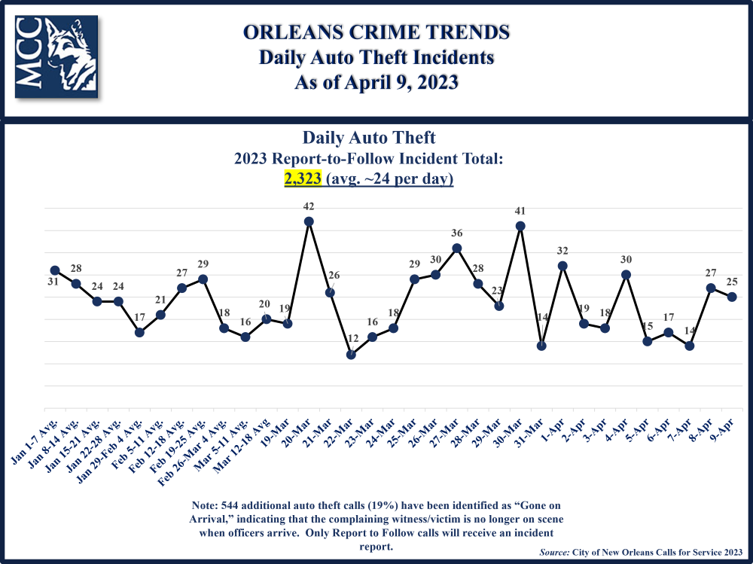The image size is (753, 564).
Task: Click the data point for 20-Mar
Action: tap(309, 221)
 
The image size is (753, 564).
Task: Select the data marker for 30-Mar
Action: tap(520, 226)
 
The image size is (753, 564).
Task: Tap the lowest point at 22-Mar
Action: tap(351, 355)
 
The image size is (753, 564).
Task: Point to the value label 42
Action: tap(309, 206)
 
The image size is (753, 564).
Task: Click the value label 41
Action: tap(520, 210)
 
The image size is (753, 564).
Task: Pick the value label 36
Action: tap(456, 233)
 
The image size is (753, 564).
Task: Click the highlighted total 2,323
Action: tap(303, 179)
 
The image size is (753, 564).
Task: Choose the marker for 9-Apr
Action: tap(731, 297)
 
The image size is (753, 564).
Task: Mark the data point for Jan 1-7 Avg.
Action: tap(55, 270)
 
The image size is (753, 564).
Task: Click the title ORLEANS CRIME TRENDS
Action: tap(376, 32)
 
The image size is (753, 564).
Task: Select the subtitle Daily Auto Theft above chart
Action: tap(369, 138)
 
